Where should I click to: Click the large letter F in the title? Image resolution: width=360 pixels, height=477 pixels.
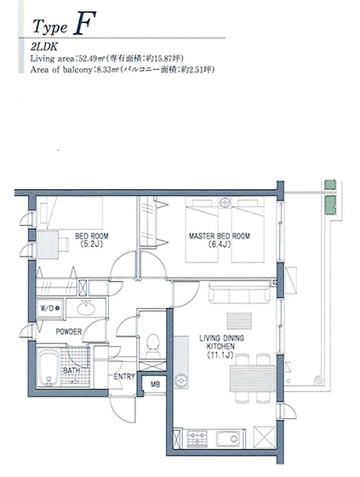click(84, 23)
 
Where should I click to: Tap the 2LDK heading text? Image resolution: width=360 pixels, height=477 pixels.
click(44, 47)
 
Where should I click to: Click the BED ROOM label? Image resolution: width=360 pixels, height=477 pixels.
click(92, 236)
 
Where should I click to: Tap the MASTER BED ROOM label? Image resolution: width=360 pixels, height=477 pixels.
click(220, 236)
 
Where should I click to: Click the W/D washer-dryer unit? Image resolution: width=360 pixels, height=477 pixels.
click(50, 308)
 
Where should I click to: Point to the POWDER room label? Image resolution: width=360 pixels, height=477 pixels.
click(69, 331)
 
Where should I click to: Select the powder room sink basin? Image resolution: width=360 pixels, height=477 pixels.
click(86, 308)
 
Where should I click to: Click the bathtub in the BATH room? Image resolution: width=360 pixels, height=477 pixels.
click(49, 369)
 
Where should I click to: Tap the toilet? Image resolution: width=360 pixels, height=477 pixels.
click(152, 345)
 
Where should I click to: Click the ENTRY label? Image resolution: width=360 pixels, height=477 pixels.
click(124, 376)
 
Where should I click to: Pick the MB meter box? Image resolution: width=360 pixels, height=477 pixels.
click(155, 384)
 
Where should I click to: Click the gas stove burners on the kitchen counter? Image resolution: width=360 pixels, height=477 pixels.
click(197, 439)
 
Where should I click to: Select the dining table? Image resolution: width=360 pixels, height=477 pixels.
click(253, 378)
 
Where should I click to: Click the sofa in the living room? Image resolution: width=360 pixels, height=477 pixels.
click(239, 292)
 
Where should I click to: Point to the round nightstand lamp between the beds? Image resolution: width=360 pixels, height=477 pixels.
click(226, 202)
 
